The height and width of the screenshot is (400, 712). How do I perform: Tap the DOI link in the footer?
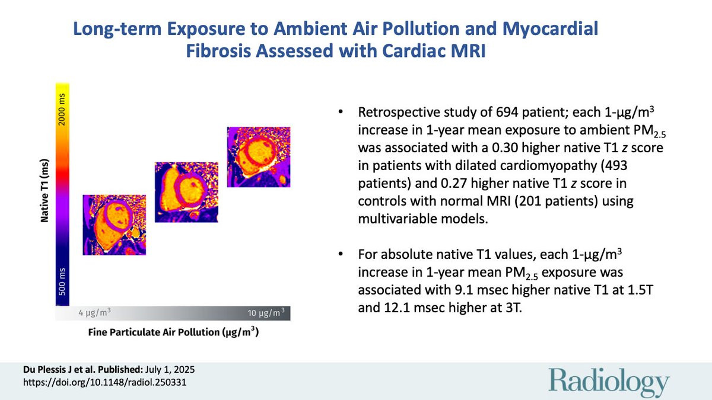(x=104, y=382)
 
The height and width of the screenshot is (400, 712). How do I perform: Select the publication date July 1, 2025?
(x=170, y=370)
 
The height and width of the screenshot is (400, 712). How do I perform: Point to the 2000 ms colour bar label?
(x=62, y=110)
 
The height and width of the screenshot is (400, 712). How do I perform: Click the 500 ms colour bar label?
(x=62, y=281)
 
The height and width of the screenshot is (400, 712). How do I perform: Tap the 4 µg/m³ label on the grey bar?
(x=95, y=313)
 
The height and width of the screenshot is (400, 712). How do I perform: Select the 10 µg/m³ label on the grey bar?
(x=266, y=313)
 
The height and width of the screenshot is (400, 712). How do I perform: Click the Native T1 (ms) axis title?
(x=44, y=190)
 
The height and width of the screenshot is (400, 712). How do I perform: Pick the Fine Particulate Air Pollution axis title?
(x=173, y=332)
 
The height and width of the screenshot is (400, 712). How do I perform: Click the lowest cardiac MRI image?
(x=115, y=225)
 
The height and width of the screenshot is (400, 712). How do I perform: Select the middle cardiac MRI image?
(x=186, y=192)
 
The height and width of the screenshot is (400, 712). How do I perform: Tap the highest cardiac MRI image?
(x=259, y=157)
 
